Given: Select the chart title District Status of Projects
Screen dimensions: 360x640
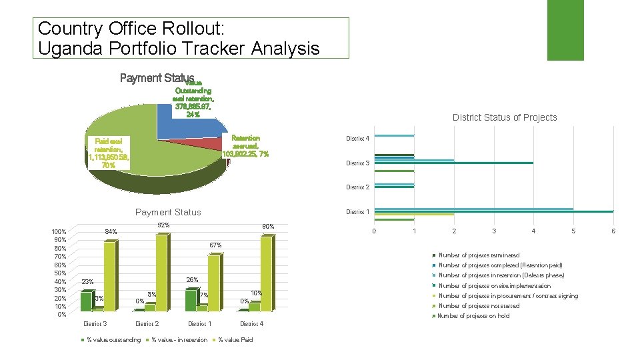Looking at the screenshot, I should pos(504,117).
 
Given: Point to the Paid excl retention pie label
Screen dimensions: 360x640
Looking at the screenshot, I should pos(109,153).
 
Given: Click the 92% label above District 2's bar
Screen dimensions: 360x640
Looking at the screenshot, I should pos(163,225).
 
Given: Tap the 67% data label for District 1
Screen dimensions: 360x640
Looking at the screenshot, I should pos(215,245).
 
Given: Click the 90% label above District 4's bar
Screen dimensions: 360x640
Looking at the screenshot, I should pos(268,227).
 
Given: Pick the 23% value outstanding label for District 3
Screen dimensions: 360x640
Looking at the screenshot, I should pos(87,282).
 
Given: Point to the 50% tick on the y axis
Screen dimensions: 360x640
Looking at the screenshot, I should pos(60,273).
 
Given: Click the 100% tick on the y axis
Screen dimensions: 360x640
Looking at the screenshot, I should pos(59,231).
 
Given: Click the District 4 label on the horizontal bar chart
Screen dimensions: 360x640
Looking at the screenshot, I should pos(357,139).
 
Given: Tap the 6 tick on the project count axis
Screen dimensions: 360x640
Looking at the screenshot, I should pos(613,231).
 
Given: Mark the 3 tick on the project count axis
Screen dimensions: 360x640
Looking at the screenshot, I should pos(494,231).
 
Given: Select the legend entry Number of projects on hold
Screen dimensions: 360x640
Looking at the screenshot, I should pos(473,316).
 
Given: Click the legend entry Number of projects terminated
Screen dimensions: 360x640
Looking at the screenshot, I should pos(478,255).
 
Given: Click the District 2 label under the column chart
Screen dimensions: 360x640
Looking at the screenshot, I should pos(147,324).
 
